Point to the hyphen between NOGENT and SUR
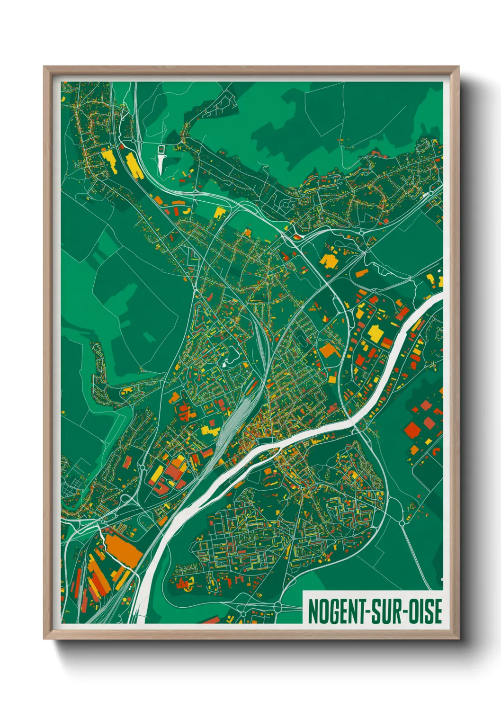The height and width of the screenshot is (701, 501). click(367, 611)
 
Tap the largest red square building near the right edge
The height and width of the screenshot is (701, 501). click(412, 430)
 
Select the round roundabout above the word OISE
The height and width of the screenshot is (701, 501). click(403, 522)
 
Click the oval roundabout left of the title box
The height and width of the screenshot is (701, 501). click(277, 607)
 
